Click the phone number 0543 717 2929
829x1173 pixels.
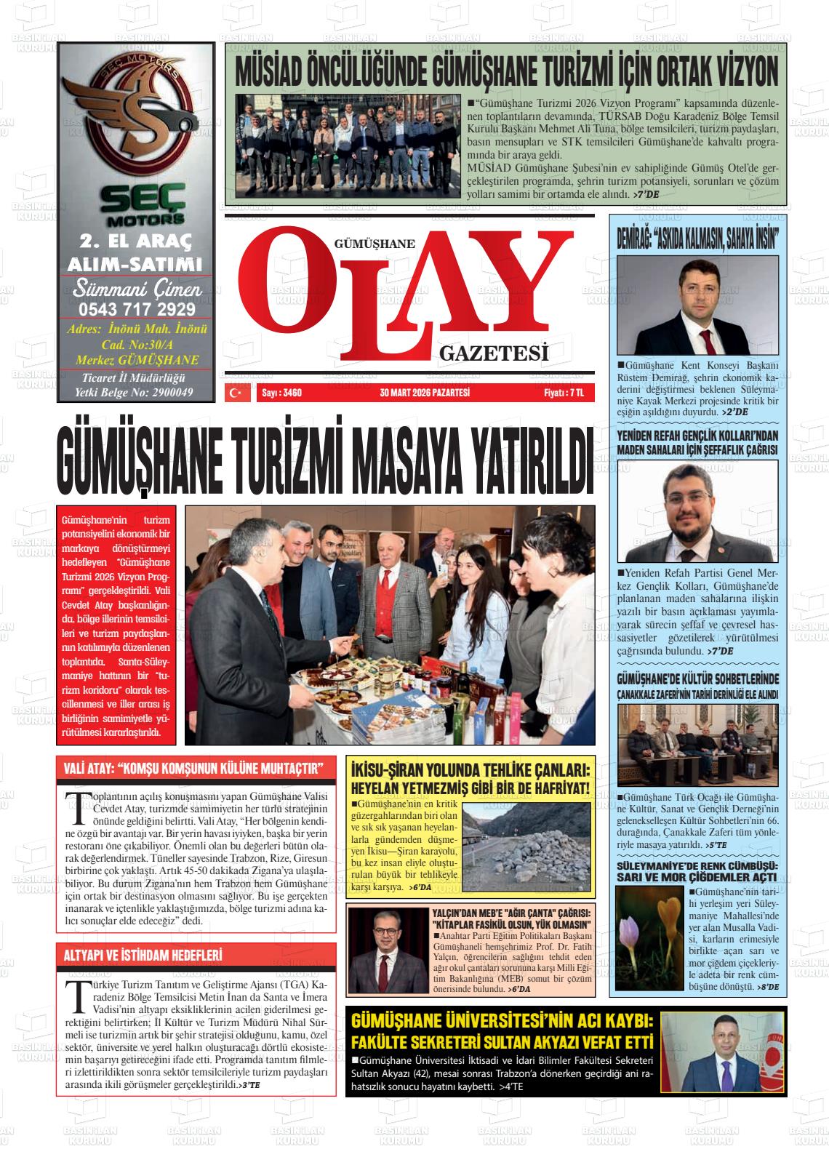(x=137, y=309)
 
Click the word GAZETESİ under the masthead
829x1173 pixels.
(x=494, y=353)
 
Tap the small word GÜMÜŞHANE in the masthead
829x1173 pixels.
(x=374, y=244)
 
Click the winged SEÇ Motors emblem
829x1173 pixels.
(x=136, y=116)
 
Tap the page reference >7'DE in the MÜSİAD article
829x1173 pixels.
(x=646, y=195)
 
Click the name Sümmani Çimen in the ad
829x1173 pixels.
(x=137, y=289)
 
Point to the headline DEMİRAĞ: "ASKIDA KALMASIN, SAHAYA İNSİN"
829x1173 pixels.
(x=697, y=240)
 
